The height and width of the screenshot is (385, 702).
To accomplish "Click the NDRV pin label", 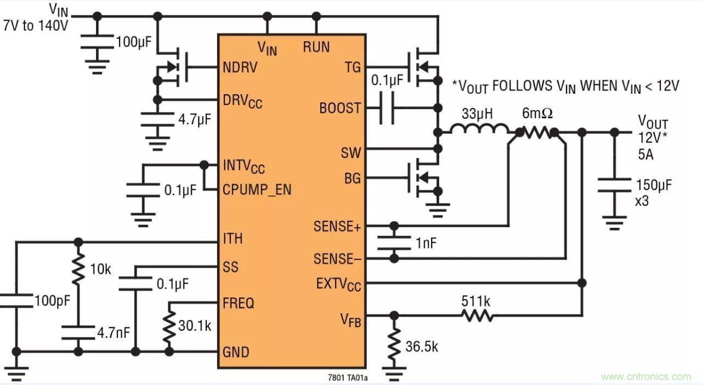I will (240, 67).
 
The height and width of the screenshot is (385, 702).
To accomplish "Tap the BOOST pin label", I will (340, 108).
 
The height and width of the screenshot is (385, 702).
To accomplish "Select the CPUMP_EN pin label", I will (257, 189).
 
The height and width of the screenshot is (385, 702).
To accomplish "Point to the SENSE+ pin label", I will (337, 226).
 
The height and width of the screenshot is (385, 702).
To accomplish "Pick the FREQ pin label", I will (238, 303).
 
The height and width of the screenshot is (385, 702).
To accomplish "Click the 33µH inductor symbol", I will (479, 130).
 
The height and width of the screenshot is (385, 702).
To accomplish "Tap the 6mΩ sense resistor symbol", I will (537, 131).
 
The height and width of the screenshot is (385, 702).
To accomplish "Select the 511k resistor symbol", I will (477, 315).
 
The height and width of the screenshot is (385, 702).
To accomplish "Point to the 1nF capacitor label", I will (426, 243).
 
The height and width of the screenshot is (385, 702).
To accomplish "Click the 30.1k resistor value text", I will (194, 325).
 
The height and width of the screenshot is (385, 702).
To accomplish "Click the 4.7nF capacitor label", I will (112, 332).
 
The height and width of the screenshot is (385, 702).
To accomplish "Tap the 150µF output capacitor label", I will (654, 184).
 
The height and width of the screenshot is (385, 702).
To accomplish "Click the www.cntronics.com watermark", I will (646, 376).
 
